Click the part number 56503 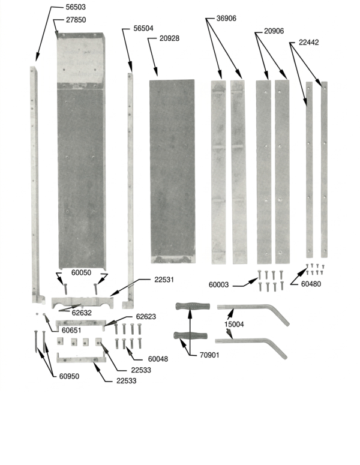pyautogui.click(x=76, y=7)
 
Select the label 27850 pyautogui.click(x=76, y=20)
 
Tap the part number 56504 pyautogui.click(x=143, y=28)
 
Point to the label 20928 pyautogui.click(x=169, y=38)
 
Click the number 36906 pyautogui.click(x=226, y=19)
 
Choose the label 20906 pyautogui.click(x=274, y=31)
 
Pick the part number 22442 pyautogui.click(x=308, y=43)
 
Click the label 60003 pyautogui.click(x=218, y=284)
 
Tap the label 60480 pyautogui.click(x=311, y=284)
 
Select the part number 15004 pyautogui.click(x=234, y=324)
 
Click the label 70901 pyautogui.click(x=209, y=355)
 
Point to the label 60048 pyautogui.click(x=158, y=359)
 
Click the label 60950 pyautogui.click(x=69, y=376)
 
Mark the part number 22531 pyautogui.click(x=164, y=280)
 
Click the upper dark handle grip pyautogui.click(x=193, y=306)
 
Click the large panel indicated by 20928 pyautogui.click(x=172, y=172)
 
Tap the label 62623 pyautogui.click(x=146, y=316)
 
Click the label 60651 pyautogui.click(x=71, y=330)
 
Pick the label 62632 pyautogui.click(x=82, y=313)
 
